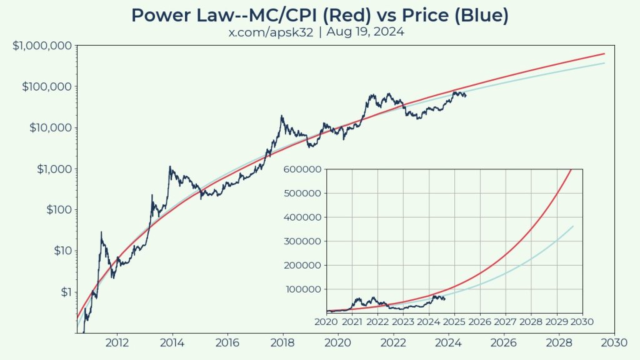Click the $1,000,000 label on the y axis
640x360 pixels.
[41, 46]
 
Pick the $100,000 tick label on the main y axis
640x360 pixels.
[47, 87]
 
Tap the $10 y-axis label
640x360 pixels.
[61, 251]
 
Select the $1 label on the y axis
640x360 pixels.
[64, 292]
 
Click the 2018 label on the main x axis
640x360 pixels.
[282, 342]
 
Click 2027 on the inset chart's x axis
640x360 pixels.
[505, 322]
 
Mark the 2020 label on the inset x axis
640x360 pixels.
[326, 322]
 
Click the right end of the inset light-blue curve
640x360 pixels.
[572, 226]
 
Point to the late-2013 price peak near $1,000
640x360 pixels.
[169, 167]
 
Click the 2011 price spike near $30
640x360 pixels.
[101, 232]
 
